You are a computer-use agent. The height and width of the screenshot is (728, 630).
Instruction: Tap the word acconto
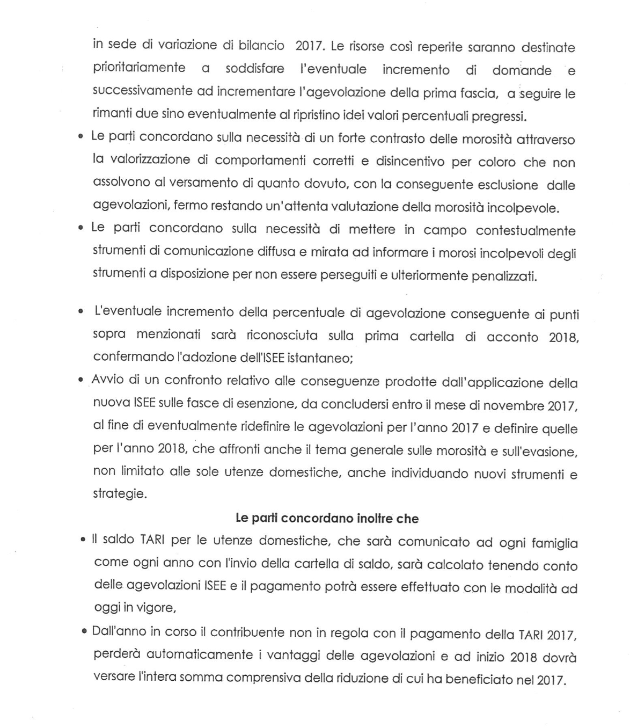tap(512, 337)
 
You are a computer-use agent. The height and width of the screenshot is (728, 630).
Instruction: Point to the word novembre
tap(515, 406)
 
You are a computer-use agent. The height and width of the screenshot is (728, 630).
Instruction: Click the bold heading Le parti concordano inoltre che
tap(327, 519)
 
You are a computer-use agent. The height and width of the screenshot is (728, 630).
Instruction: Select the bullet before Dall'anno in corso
tap(84, 632)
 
